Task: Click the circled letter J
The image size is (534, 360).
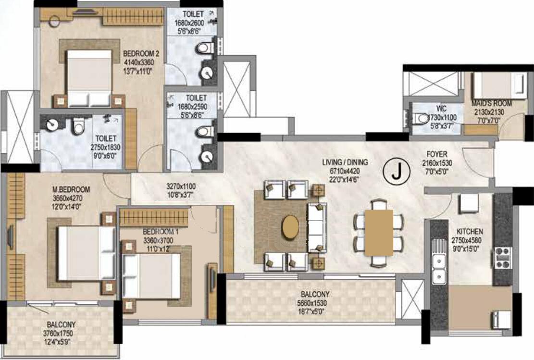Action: [x=396, y=171]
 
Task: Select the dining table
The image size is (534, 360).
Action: [x=379, y=233]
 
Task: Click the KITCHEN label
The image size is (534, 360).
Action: [x=470, y=232]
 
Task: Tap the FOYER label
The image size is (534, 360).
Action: [x=437, y=154]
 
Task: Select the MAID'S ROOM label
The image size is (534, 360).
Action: [x=492, y=103]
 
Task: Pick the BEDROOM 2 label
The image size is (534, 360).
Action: [x=141, y=54]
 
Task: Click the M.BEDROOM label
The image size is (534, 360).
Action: [x=71, y=189]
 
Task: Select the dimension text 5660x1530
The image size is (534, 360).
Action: [x=311, y=303]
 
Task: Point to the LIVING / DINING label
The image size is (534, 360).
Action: [x=345, y=162]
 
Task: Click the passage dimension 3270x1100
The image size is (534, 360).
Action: [x=181, y=186]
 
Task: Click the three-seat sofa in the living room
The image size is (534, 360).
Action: [x=317, y=227]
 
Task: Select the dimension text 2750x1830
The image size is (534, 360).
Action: [x=105, y=148]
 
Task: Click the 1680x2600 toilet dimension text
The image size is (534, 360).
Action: [x=189, y=23]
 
